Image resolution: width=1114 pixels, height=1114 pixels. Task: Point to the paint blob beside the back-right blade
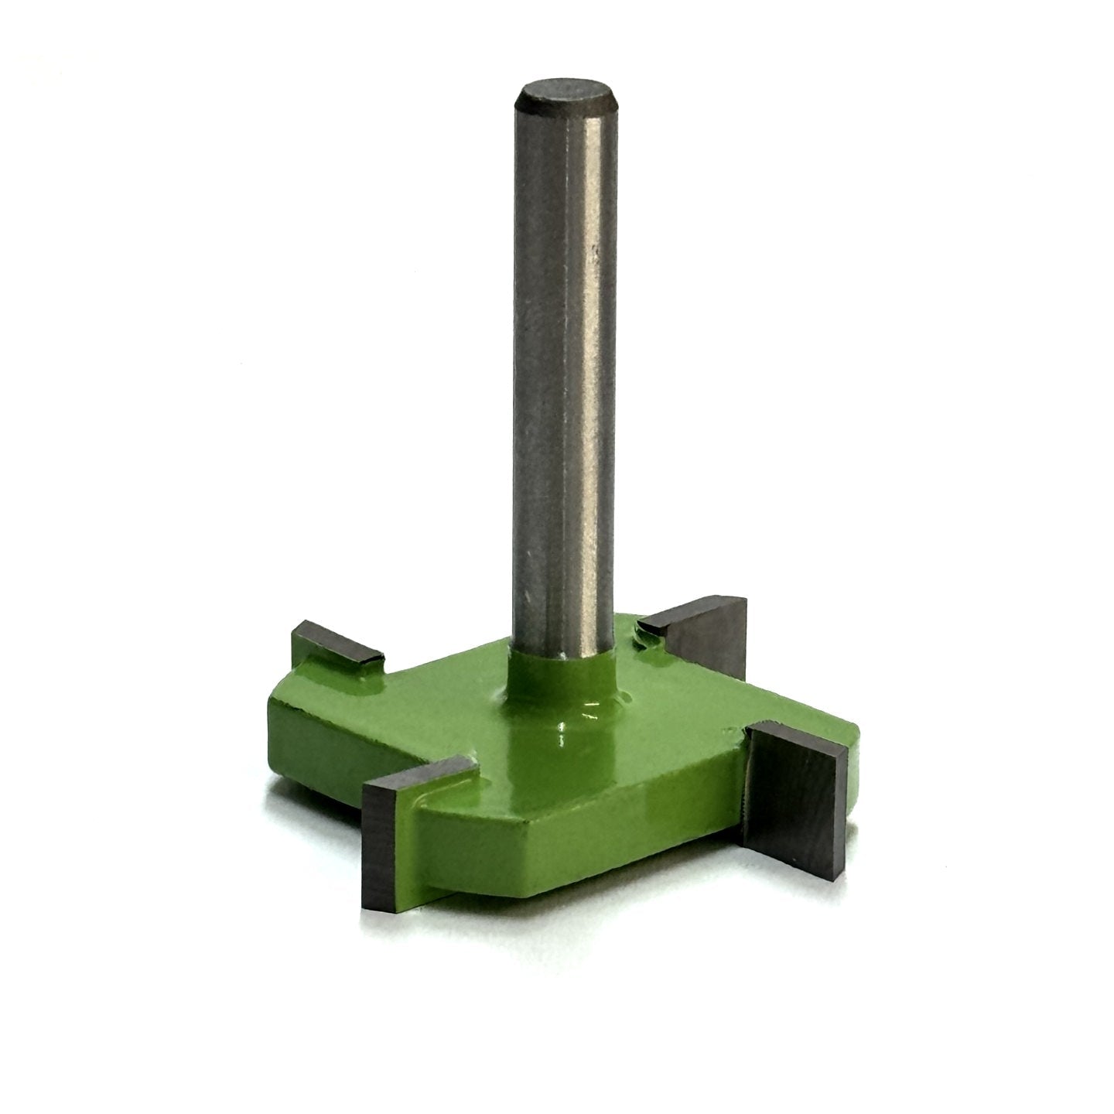pyautogui.click(x=641, y=638)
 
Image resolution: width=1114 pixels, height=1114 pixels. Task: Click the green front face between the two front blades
pyautogui.click(x=619, y=820)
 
